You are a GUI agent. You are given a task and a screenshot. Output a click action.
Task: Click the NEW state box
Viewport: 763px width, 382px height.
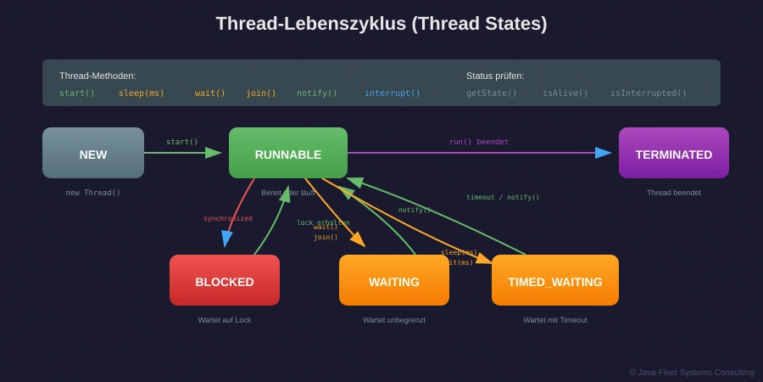[x=93, y=153]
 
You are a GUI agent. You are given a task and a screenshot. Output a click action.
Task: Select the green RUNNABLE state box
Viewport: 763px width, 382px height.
[x=288, y=153]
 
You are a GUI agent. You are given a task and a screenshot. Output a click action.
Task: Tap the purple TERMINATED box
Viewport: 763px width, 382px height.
[x=673, y=153]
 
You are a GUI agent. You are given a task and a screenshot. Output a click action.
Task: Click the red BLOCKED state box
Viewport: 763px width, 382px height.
[x=225, y=280]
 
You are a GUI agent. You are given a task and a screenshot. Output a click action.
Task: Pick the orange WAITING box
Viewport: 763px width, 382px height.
[x=394, y=280]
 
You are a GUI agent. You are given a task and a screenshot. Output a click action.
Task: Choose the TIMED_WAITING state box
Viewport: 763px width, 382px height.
[x=555, y=280]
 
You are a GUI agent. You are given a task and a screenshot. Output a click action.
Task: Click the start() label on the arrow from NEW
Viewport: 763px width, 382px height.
[x=181, y=142]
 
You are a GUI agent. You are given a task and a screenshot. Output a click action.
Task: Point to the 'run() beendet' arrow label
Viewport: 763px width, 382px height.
[x=479, y=142]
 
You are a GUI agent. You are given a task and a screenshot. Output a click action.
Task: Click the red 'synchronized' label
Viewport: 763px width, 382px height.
[x=227, y=218]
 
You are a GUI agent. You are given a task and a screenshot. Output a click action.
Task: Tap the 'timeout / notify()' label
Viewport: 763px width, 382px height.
[x=503, y=197]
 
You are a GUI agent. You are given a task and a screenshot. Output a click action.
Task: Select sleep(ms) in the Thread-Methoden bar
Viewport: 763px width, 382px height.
[x=142, y=93]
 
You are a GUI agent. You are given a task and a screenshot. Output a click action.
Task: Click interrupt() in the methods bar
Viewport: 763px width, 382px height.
[x=393, y=93]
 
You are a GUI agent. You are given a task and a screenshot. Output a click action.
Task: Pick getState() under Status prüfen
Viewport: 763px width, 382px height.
[x=492, y=93]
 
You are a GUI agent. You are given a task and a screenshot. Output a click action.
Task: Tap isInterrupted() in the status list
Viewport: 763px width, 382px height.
[x=649, y=93]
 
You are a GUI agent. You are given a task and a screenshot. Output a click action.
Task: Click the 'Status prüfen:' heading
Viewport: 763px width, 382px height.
[x=495, y=76]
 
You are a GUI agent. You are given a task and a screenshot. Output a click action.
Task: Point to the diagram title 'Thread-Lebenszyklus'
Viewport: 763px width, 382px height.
[x=381, y=24]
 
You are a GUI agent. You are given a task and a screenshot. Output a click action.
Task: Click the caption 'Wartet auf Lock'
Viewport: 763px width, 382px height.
[x=225, y=320]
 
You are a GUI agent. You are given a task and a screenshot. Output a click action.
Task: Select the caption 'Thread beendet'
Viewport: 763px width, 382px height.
[x=674, y=193]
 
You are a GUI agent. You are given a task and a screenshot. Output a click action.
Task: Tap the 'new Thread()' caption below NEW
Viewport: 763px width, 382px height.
[x=93, y=193]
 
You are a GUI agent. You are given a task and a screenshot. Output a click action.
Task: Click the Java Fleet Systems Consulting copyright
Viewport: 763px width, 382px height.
[x=692, y=372]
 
